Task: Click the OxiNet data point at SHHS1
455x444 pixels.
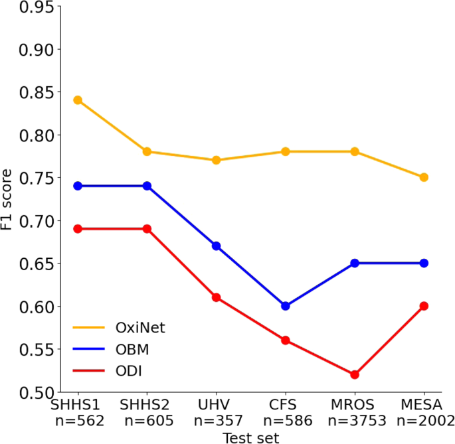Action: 78,100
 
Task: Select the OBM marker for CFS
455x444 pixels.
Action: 285,306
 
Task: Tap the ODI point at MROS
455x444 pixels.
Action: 355,374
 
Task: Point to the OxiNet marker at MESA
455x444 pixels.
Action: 424,177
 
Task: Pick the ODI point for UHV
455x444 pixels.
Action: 216,297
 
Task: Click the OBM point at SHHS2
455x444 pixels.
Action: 147,186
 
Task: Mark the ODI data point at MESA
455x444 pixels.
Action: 424,306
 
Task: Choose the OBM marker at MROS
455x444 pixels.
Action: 355,263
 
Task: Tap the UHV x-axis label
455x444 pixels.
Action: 216,404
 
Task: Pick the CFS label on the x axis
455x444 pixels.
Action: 285,404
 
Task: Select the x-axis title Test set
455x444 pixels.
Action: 250,437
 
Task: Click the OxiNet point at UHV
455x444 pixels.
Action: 216,160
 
